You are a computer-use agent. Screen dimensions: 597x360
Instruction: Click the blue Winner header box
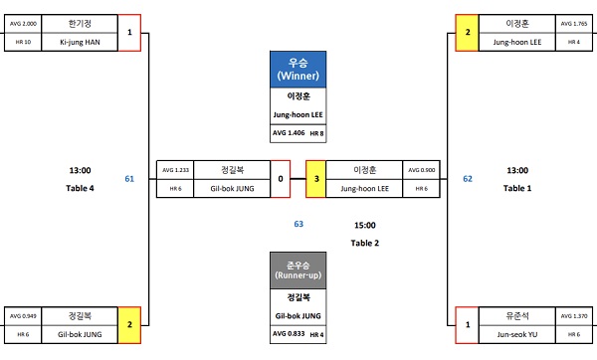pos(298,70)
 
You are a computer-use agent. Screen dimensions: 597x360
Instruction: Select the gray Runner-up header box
pos(298,270)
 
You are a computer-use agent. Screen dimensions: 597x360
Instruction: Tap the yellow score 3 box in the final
pos(316,179)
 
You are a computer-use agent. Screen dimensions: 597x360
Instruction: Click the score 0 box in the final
pos(281,179)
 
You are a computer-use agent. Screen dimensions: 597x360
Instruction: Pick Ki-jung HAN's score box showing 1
pos(129,33)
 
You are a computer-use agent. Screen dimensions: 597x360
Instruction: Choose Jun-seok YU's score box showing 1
pos(468,325)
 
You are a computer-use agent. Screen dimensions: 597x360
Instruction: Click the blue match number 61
pos(129,179)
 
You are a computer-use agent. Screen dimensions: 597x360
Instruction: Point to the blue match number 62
pos(468,179)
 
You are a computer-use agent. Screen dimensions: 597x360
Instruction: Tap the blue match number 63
pos(298,224)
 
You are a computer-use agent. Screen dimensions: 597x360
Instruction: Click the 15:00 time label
pos(365,226)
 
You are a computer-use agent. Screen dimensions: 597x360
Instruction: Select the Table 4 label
pos(80,188)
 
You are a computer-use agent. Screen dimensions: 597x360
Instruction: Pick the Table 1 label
pos(517,188)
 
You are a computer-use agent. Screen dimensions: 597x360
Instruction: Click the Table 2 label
pos(365,243)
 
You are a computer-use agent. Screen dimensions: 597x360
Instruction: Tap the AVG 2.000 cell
pos(23,24)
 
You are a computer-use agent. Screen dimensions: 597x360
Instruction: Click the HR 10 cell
pos(23,42)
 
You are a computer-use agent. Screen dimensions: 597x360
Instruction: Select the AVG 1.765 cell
pos(574,24)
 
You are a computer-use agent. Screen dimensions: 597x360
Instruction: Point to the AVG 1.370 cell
pos(574,316)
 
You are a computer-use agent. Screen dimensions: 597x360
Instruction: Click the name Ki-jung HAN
pos(80,42)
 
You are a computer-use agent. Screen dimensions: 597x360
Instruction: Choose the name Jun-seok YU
pos(517,334)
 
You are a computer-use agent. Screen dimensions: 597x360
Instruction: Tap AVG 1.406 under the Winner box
pos(289,133)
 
